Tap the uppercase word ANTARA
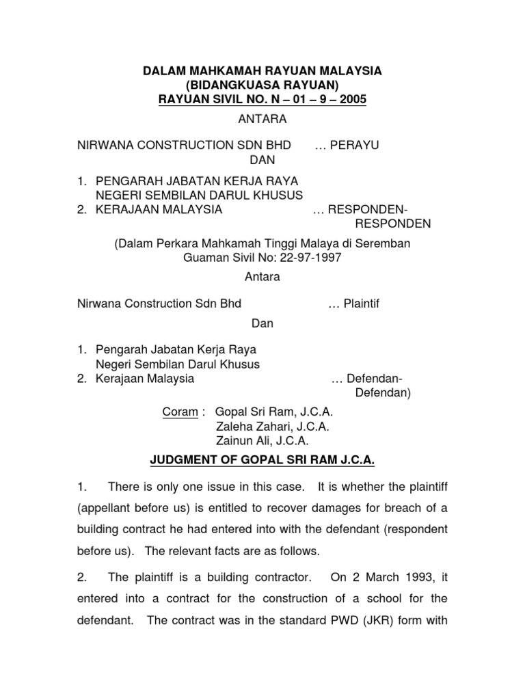[x=262, y=120]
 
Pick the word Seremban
[x=386, y=245]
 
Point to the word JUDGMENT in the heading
[x=183, y=461]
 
